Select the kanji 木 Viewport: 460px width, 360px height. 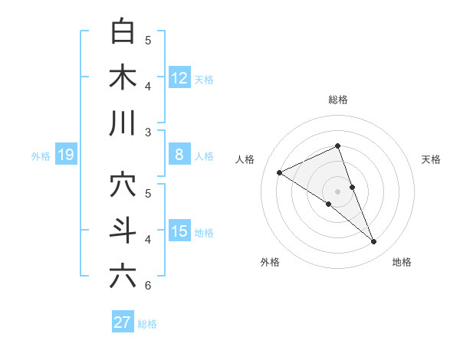click(123, 79)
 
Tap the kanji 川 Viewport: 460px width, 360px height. click(123, 123)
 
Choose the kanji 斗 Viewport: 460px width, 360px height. click(123, 231)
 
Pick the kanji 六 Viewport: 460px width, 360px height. click(123, 277)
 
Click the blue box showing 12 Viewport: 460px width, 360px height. click(179, 77)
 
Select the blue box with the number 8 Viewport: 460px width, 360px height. click(179, 155)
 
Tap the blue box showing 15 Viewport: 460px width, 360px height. click(179, 231)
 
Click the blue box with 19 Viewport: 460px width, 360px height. click(65, 155)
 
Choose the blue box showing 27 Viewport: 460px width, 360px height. click(123, 322)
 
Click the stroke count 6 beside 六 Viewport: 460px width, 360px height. click(148, 286)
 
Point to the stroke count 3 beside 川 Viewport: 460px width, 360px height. click(148, 133)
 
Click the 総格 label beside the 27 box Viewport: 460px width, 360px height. click(147, 324)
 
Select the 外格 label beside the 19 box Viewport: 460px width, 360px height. click(41, 156)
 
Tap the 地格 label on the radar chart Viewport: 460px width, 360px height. click(402, 262)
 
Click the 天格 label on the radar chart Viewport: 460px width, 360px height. click(432, 159)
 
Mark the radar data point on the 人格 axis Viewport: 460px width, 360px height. click(279, 172)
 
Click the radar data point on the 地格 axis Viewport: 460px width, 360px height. click(374, 242)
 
